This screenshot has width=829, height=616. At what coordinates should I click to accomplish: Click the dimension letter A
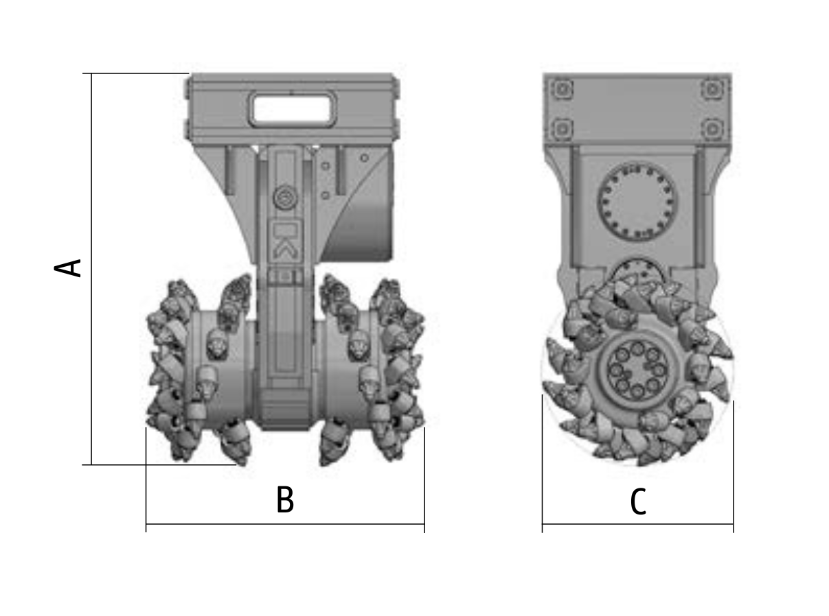(x=67, y=268)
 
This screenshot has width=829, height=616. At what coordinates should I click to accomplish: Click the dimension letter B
(x=285, y=499)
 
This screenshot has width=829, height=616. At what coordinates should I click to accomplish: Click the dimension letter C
(x=638, y=501)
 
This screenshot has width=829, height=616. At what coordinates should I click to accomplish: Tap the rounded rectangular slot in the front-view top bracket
(x=292, y=109)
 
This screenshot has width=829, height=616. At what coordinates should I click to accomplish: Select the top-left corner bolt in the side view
(x=562, y=89)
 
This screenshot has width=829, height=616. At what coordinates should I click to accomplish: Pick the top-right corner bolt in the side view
(x=712, y=89)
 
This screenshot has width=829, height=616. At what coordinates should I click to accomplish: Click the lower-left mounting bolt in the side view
(x=562, y=129)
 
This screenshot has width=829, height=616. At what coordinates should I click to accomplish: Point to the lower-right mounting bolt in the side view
(x=712, y=129)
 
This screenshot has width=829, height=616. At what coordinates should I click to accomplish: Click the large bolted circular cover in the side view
(x=637, y=204)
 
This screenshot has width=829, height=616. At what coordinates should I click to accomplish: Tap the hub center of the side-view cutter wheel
(x=637, y=370)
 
